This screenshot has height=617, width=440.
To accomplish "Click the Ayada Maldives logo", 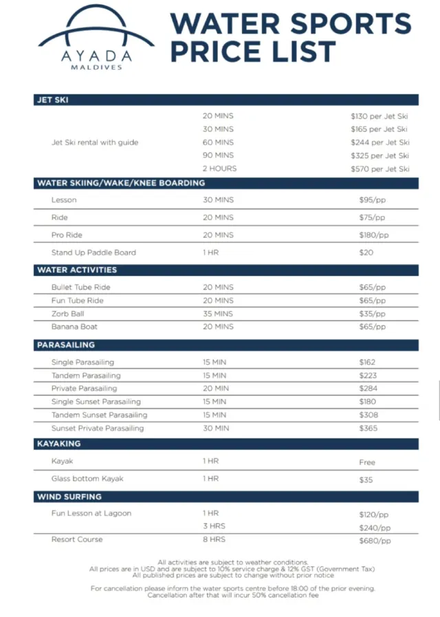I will pos(86,38).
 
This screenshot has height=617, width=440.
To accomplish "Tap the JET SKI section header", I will pos(52,100).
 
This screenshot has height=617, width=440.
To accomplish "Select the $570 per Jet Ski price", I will pos(379,169).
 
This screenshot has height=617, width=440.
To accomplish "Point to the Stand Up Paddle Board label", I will pos(93,252).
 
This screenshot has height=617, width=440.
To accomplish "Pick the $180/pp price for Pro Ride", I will pos(373,235).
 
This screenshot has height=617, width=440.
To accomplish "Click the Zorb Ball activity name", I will pos(67,314).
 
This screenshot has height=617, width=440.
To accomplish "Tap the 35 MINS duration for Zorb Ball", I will pos(218,314).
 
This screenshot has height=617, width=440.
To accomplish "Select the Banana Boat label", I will pos(74,327).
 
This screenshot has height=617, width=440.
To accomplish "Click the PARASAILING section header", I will pos(65,345).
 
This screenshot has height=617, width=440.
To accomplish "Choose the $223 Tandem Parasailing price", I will pos(369,376).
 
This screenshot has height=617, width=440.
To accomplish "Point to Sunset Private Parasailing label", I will pos(98,428).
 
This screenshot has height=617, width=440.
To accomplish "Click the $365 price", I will pos(369,428).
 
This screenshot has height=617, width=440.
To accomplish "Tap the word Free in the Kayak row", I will pos(367,462).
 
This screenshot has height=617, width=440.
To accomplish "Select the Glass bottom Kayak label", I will pos(87,478).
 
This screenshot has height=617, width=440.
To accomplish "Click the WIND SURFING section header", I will pos(69,497).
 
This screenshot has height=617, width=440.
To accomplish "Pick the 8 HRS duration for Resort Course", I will pos(214,539).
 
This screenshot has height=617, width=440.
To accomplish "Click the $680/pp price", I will pos(375,541).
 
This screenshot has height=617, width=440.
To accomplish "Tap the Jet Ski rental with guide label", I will pos(95,142).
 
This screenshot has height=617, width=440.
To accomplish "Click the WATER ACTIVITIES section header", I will pos(77,270).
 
